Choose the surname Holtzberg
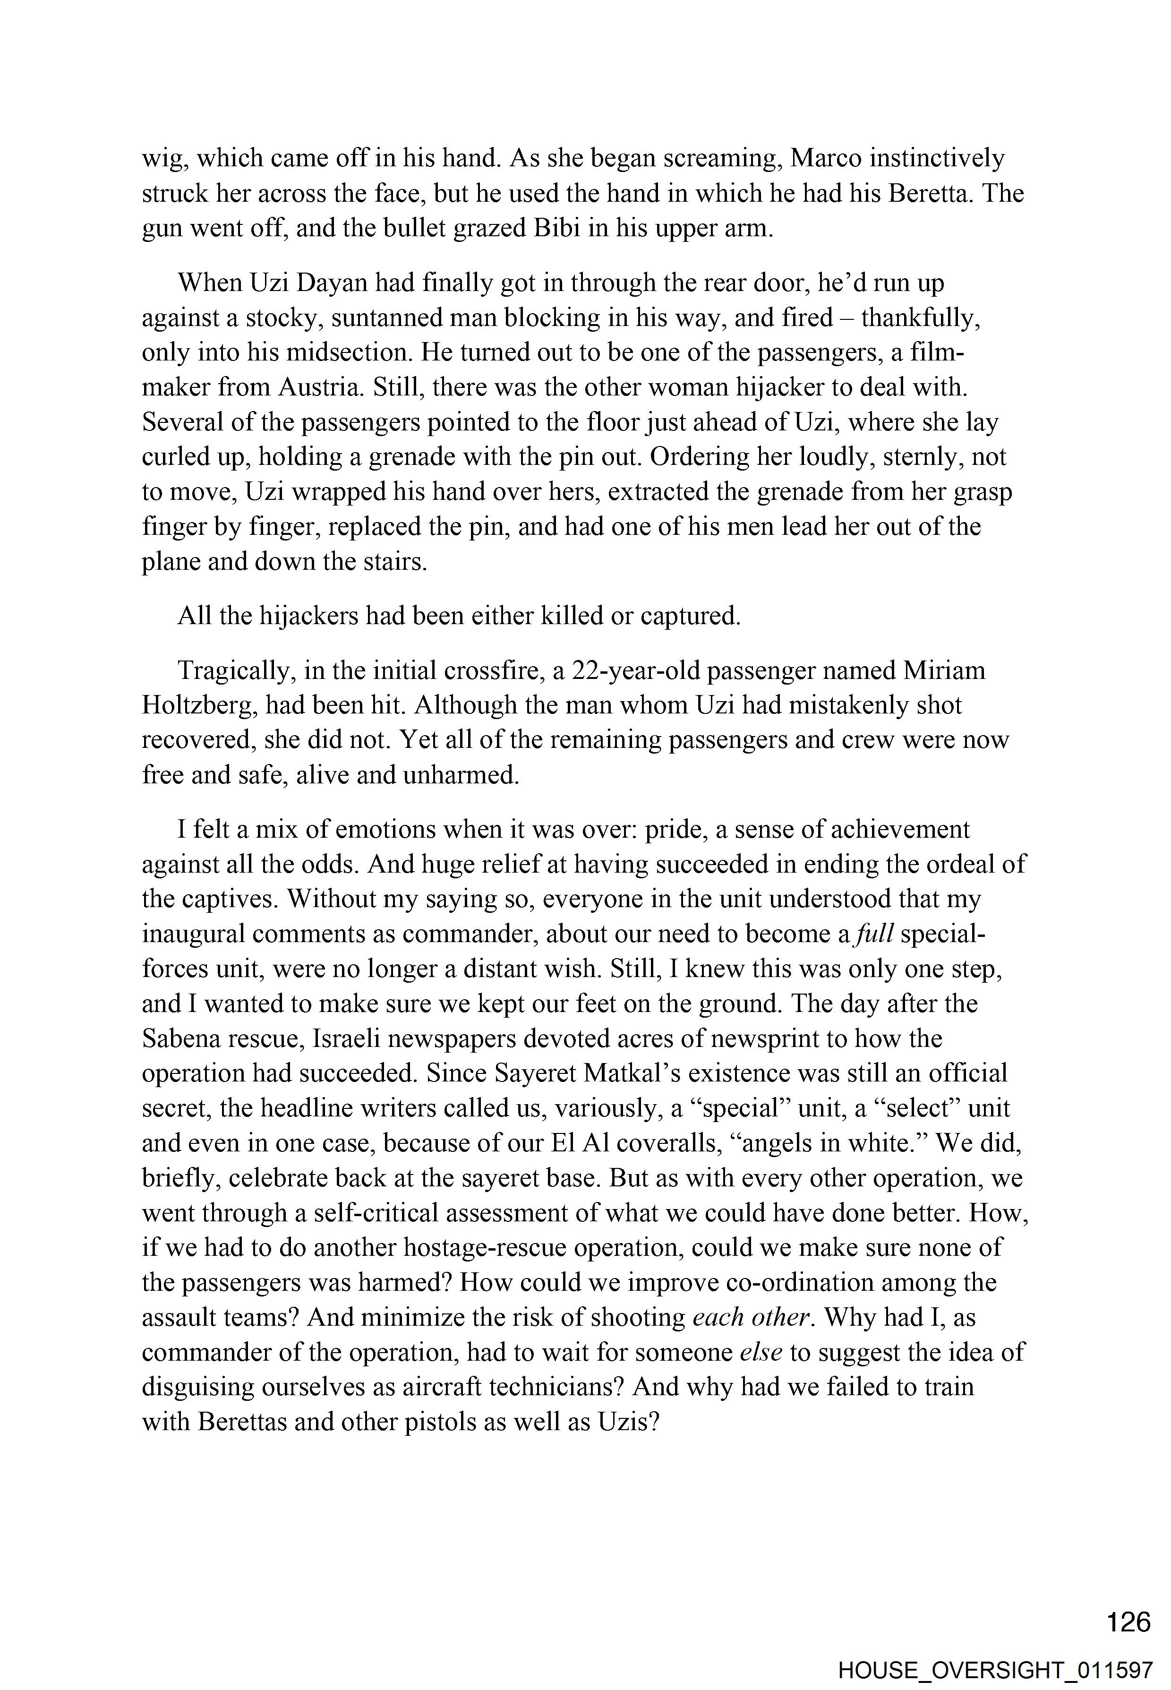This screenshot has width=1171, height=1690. (198, 705)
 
